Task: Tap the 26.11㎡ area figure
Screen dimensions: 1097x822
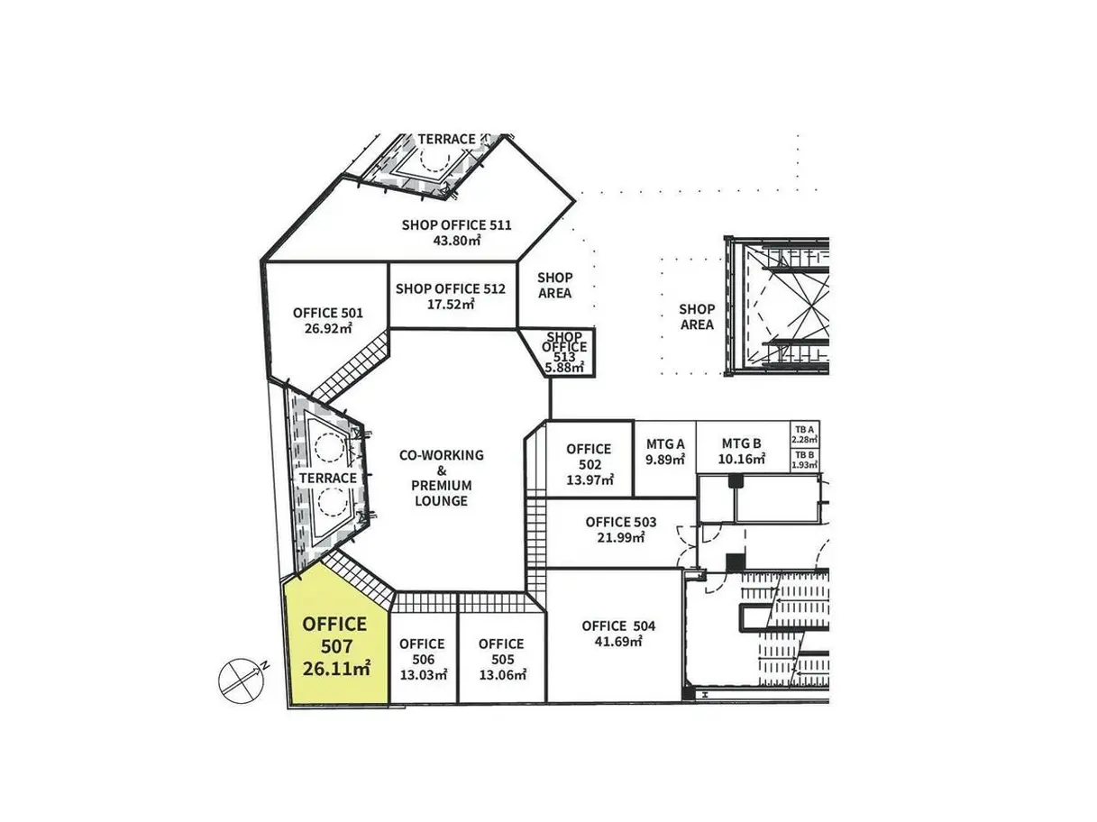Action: (336, 669)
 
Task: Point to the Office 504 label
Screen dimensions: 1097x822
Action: (618, 626)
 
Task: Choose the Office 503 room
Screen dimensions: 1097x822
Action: (620, 533)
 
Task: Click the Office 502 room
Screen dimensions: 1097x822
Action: (590, 459)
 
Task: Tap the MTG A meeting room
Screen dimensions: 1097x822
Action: (665, 459)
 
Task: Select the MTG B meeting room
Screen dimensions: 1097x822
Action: (742, 446)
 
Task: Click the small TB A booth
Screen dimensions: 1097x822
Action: (804, 434)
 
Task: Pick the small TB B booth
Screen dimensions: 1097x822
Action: (804, 461)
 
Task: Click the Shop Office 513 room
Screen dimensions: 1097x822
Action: (565, 352)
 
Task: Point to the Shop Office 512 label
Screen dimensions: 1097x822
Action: (451, 288)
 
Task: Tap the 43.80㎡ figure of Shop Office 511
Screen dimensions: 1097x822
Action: (457, 241)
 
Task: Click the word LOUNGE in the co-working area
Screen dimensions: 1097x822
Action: (442, 501)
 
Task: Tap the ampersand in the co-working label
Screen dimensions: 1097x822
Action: (442, 470)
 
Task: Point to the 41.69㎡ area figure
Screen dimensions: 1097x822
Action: (618, 642)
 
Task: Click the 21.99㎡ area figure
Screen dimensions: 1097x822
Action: (621, 538)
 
